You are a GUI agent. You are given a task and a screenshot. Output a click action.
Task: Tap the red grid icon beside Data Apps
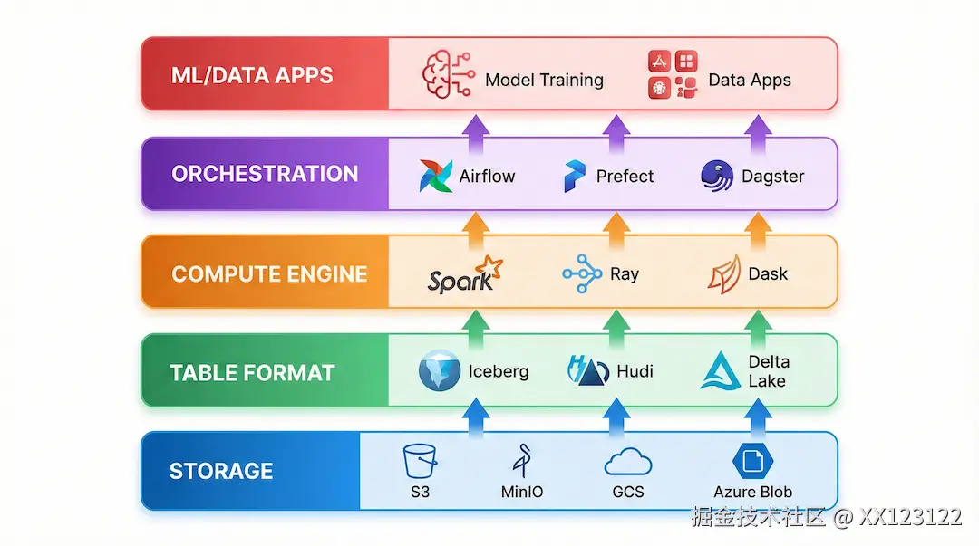(x=673, y=74)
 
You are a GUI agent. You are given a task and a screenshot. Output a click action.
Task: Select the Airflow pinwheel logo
(x=436, y=176)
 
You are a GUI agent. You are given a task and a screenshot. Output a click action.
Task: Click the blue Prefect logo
(x=575, y=176)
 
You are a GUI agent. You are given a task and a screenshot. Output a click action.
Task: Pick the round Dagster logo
(x=717, y=175)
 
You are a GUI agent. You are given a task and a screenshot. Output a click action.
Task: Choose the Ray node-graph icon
(x=582, y=273)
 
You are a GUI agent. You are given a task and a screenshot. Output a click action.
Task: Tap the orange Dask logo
(x=723, y=273)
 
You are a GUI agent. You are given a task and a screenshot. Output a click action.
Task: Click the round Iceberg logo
(x=440, y=371)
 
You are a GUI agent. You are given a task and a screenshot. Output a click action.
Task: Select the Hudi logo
(x=586, y=371)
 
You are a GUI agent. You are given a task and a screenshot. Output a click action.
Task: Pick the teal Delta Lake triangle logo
(x=722, y=371)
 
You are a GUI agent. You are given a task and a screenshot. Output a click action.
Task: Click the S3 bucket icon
(x=420, y=461)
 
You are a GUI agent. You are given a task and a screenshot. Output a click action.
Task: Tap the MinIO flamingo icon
(x=523, y=461)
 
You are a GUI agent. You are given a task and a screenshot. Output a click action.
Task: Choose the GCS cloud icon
(x=628, y=462)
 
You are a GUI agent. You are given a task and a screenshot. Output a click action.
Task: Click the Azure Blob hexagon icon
(x=751, y=461)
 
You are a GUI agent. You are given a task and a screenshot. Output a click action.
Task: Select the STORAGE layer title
(x=221, y=471)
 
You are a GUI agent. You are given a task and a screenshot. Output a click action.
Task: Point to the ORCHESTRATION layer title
(x=265, y=174)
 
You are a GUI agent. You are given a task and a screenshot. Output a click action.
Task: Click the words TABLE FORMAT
(x=252, y=372)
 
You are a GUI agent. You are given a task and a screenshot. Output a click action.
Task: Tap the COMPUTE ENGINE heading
(x=269, y=273)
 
